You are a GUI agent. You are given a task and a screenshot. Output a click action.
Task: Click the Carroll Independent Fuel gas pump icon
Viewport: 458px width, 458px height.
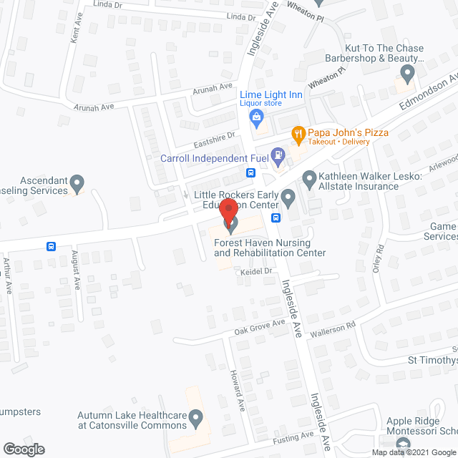tap(280, 154)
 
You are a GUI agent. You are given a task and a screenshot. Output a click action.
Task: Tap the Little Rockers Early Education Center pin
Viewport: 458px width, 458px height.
tap(288, 195)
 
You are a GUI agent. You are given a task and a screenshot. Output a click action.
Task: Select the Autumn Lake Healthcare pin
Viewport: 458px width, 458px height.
tap(197, 416)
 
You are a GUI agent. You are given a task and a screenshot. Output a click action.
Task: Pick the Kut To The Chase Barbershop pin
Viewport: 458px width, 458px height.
tap(408, 73)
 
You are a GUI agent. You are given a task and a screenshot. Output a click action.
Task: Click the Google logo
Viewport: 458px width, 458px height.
tap(23, 449)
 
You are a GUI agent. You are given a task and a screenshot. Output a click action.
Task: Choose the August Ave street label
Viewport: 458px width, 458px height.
tap(76, 271)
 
